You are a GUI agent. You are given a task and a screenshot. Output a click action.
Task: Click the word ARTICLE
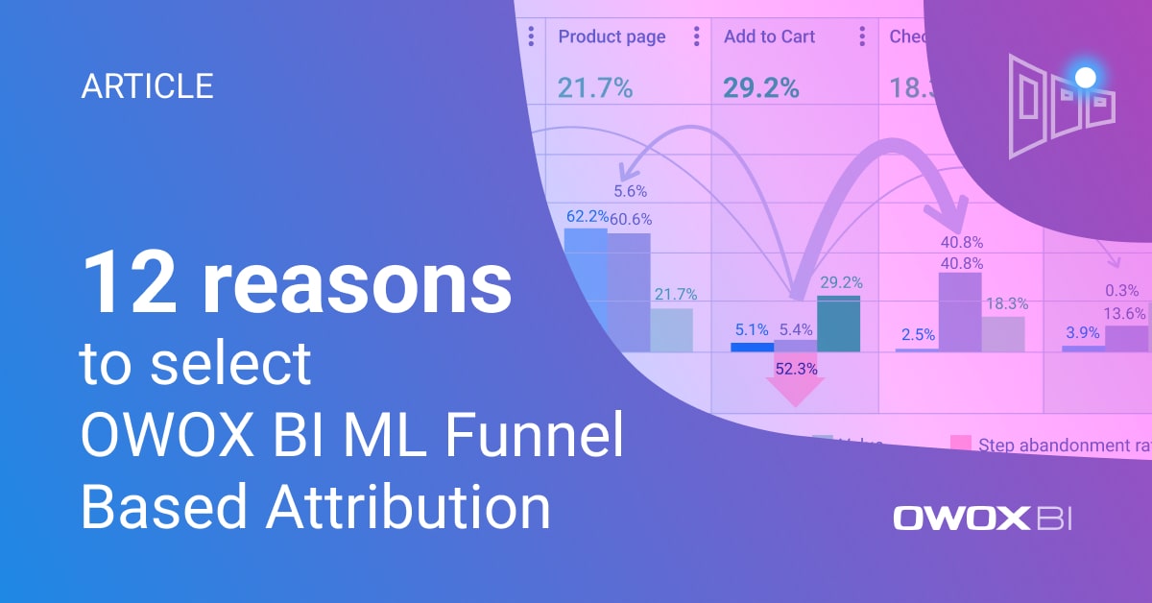pos(147,86)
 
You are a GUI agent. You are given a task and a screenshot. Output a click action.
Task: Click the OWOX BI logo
pos(982,519)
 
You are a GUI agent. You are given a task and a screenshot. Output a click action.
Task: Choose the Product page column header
pos(612,36)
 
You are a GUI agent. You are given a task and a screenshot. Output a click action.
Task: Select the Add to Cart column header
pos(769,36)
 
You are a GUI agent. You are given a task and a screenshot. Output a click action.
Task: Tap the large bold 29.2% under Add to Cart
pos(760,88)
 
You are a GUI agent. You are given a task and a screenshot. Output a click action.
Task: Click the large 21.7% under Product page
pos(595,88)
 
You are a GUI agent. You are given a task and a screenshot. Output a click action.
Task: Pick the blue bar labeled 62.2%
pos(585,278)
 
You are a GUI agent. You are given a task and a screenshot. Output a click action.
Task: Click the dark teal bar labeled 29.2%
pos(838,324)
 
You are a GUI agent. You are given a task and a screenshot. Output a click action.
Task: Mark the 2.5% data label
pos(920,334)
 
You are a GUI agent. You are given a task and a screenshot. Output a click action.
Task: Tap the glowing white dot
pos(1086,76)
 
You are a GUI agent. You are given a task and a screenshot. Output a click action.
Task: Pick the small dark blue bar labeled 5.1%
pos(751,347)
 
